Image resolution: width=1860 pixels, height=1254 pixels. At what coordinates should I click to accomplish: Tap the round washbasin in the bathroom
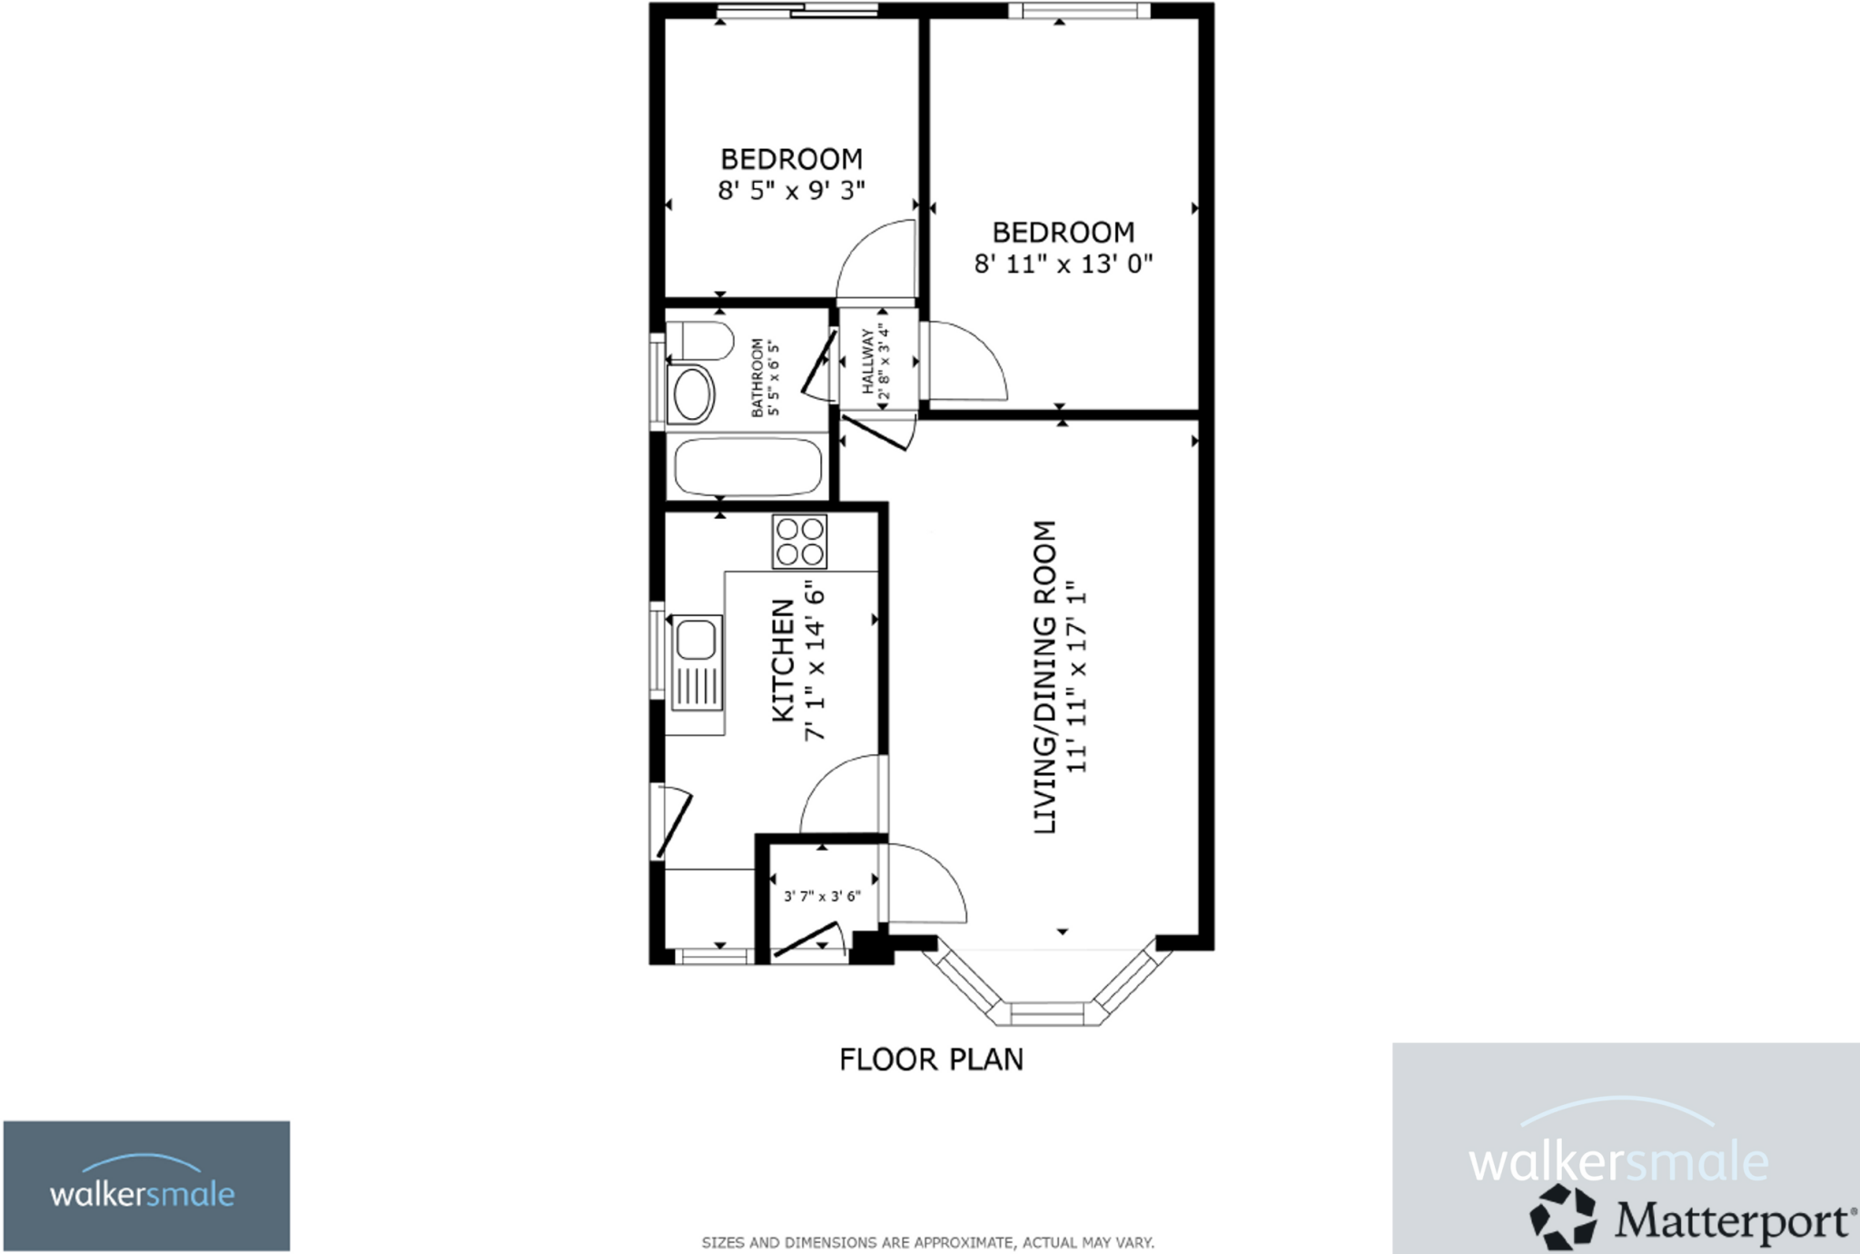[691, 394]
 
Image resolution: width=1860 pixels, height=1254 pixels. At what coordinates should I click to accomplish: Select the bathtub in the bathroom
[747, 467]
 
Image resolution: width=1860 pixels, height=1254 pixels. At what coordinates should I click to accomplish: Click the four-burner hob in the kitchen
[799, 542]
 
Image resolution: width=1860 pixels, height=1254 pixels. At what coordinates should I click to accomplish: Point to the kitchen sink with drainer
[697, 662]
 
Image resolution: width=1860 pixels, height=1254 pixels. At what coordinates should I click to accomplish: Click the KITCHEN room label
[783, 661]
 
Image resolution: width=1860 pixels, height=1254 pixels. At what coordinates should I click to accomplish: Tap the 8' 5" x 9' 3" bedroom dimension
[791, 191]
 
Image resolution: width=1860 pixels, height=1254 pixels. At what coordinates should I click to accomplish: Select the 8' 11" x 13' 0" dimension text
[1063, 264]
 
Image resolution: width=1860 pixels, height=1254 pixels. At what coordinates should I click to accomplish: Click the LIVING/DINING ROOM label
[1045, 677]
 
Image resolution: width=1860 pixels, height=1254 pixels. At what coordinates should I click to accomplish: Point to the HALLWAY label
[866, 361]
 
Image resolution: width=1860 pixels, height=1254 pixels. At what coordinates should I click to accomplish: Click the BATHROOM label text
[757, 378]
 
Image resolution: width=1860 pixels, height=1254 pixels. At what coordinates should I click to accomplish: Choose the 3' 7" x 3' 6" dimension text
[822, 896]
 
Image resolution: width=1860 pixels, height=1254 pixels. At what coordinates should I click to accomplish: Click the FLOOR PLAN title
[931, 1060]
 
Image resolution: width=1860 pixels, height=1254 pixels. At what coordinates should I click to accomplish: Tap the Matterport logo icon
[1562, 1217]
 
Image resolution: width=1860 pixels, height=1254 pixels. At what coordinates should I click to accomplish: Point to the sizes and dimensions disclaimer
[927, 1242]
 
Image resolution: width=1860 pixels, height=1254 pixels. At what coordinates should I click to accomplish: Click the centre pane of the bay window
[1046, 1012]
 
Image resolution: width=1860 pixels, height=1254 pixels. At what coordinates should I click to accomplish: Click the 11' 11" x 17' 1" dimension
[1077, 677]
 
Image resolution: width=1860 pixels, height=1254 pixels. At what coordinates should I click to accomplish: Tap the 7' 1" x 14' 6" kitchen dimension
[815, 661]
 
